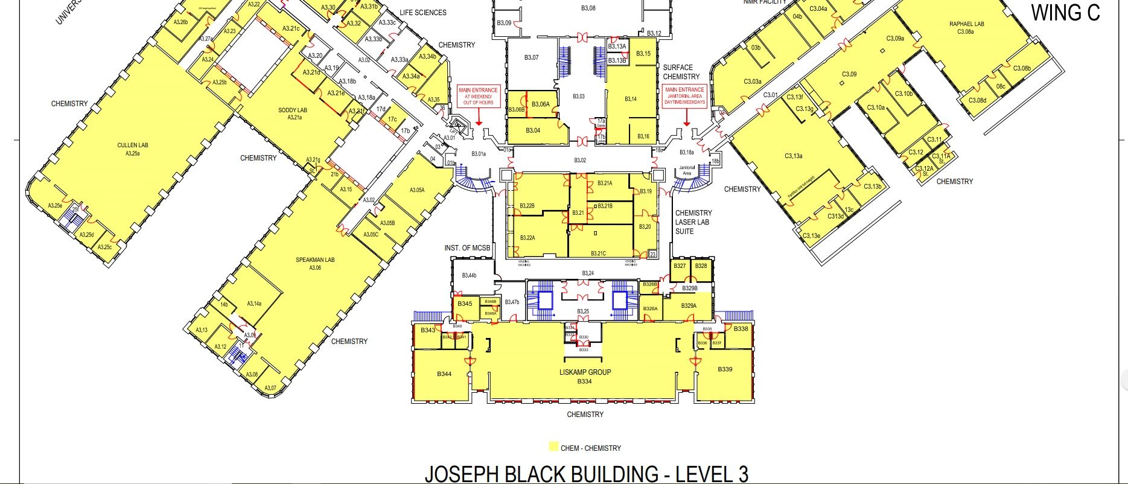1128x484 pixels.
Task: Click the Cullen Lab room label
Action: (132, 149)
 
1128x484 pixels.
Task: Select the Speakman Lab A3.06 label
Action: (314, 264)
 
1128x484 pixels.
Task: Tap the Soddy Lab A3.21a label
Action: (293, 113)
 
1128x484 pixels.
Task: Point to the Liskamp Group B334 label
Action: (584, 377)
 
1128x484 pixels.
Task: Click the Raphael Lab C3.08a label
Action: (966, 28)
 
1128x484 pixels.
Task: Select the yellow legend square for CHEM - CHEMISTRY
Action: (553, 447)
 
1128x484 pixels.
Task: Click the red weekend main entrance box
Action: (478, 97)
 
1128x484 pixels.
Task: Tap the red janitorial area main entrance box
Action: (684, 96)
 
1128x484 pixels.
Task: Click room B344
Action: (444, 374)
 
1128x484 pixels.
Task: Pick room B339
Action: (724, 369)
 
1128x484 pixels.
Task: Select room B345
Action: (464, 304)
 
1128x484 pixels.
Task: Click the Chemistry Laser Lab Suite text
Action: (693, 222)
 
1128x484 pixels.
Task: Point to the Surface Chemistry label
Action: (681, 72)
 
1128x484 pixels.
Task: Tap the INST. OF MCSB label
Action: (467, 248)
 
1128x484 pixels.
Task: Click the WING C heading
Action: (1065, 13)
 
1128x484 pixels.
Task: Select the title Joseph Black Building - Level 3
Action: (586, 474)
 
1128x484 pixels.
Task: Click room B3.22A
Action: (527, 238)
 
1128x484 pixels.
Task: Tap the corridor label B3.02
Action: (579, 161)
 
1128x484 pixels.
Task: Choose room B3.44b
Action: (469, 276)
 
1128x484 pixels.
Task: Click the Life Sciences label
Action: (422, 13)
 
